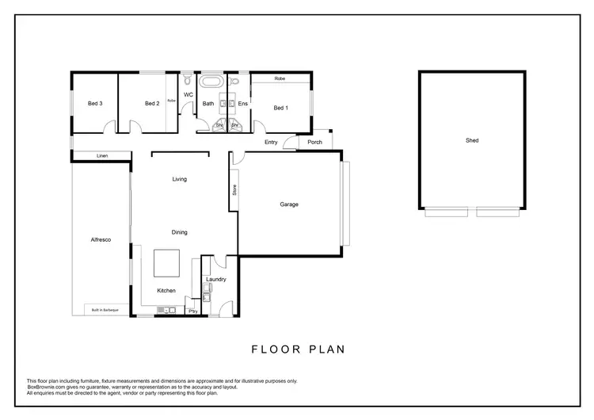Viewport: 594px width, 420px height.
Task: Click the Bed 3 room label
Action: (95, 104)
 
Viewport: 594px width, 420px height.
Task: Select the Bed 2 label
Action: (153, 104)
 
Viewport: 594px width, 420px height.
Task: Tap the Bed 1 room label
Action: (280, 108)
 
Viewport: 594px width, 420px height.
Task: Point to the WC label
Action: (188, 95)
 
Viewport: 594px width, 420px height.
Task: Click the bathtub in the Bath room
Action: (211, 82)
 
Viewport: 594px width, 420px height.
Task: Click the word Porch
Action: (315, 143)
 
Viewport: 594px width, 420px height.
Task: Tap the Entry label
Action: (271, 143)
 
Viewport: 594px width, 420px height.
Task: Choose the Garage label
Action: (288, 204)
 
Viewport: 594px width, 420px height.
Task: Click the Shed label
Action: (472, 140)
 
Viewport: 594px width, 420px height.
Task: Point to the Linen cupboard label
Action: (101, 155)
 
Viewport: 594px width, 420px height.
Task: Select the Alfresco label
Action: (101, 239)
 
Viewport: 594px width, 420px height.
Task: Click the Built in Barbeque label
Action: (105, 310)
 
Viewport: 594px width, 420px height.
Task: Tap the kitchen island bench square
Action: (166, 262)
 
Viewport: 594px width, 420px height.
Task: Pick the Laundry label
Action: (216, 279)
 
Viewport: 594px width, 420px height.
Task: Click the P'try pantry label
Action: (192, 311)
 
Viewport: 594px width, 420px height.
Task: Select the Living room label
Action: (180, 179)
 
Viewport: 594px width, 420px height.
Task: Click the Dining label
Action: (180, 232)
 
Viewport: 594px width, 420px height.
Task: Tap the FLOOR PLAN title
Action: (298, 349)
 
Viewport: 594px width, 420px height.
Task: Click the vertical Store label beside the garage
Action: (234, 190)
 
